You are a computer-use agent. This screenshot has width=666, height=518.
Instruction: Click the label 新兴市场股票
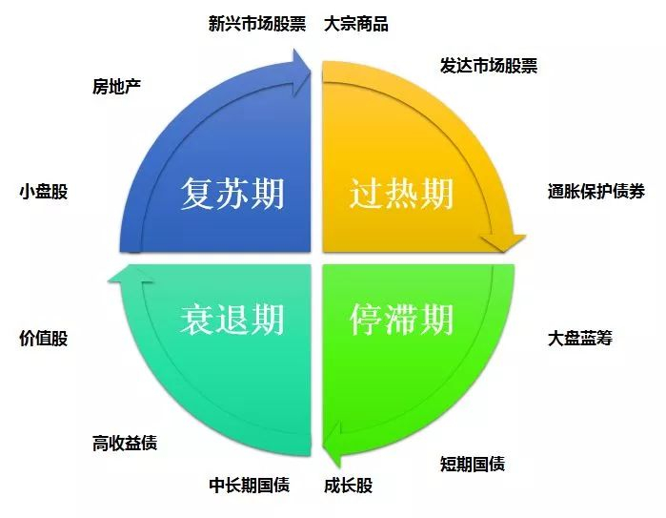(257, 24)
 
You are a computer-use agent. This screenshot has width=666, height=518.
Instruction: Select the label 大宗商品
(356, 24)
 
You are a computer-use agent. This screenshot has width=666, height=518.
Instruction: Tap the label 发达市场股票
(489, 66)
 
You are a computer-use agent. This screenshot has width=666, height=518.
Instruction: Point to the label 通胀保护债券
(596, 191)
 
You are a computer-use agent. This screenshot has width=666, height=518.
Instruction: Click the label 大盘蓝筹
(579, 339)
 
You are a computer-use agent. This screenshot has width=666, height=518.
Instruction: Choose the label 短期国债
(473, 465)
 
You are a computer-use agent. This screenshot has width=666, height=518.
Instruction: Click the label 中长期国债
(249, 486)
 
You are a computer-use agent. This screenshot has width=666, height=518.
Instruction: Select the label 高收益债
(125, 443)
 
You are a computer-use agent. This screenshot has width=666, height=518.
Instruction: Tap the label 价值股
(44, 339)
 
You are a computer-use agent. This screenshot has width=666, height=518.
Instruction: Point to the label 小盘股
(44, 191)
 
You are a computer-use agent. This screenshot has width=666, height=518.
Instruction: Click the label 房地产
(116, 87)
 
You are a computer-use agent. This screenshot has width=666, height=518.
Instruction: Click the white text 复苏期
(232, 195)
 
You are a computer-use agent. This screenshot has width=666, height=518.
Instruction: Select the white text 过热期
(401, 195)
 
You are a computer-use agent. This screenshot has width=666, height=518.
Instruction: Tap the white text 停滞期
(401, 320)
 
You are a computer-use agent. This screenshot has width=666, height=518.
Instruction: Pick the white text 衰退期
(232, 320)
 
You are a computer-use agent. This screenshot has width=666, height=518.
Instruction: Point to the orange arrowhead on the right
(501, 243)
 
